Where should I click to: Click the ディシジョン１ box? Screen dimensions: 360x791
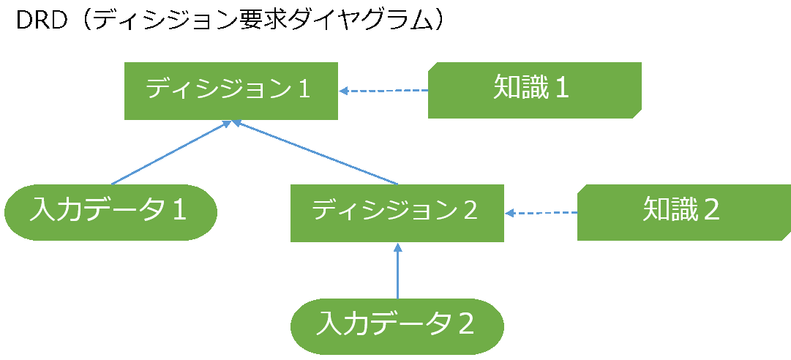coord(230,91)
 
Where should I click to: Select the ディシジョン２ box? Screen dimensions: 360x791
coord(397,213)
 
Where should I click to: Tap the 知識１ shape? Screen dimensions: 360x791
coord(534,90)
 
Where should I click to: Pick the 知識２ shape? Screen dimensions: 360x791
coord(683,212)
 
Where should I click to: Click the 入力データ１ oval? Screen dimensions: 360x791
coord(110,211)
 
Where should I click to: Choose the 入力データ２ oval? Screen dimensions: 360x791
coord(397,325)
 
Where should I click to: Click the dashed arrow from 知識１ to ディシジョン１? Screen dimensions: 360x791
coord(384,91)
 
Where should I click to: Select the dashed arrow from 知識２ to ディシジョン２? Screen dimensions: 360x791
coord(541,214)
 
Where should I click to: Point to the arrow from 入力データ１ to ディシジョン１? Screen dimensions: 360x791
coord(170,153)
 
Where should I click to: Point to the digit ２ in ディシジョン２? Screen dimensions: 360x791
coord(470,211)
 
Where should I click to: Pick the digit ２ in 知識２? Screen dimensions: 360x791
coord(711,211)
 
